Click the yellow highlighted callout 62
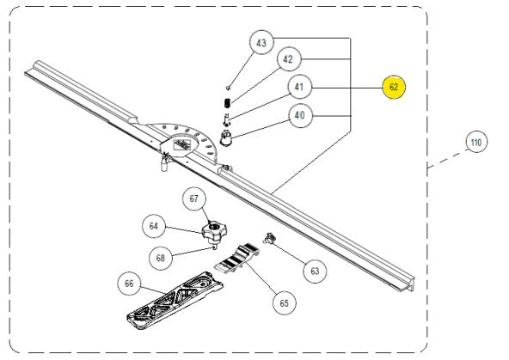[x=394, y=88]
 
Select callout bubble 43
[x=263, y=42]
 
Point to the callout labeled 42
[x=288, y=60]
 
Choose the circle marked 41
[x=300, y=87]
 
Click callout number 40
[x=300, y=115]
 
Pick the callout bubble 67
[x=193, y=198]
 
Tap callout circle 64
[x=154, y=226]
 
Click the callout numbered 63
[x=314, y=271]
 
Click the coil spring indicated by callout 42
[x=228, y=103]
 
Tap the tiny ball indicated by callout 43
[x=227, y=87]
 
